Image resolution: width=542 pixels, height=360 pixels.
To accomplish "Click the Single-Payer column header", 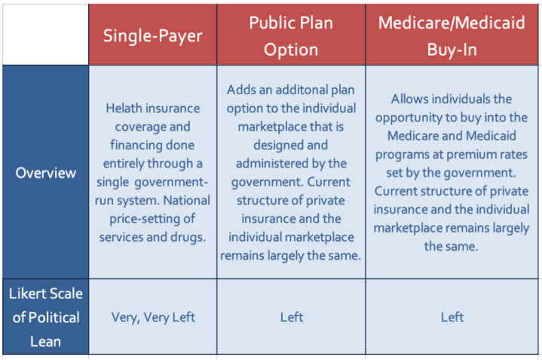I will click(x=153, y=35).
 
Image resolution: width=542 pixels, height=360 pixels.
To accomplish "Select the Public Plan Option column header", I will click(x=291, y=35).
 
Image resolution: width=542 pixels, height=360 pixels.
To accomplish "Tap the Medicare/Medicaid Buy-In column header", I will click(x=453, y=35).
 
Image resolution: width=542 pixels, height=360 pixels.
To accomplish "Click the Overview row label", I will click(x=46, y=172).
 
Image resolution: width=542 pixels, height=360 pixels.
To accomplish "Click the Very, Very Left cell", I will click(x=153, y=317).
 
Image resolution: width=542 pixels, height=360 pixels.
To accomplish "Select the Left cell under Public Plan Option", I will click(x=291, y=317).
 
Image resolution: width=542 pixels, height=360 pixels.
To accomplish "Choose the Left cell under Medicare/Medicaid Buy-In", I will click(x=453, y=317).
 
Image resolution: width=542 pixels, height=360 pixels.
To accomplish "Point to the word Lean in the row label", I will click(x=45, y=341).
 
